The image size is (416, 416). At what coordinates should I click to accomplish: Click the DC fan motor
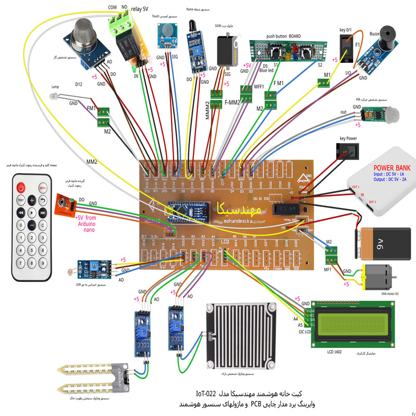pyautogui.click(x=382, y=276)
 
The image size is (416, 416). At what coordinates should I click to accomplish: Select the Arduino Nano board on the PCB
pyautogui.click(x=187, y=212)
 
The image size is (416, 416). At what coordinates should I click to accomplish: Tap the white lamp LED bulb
pyautogui.click(x=53, y=97)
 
